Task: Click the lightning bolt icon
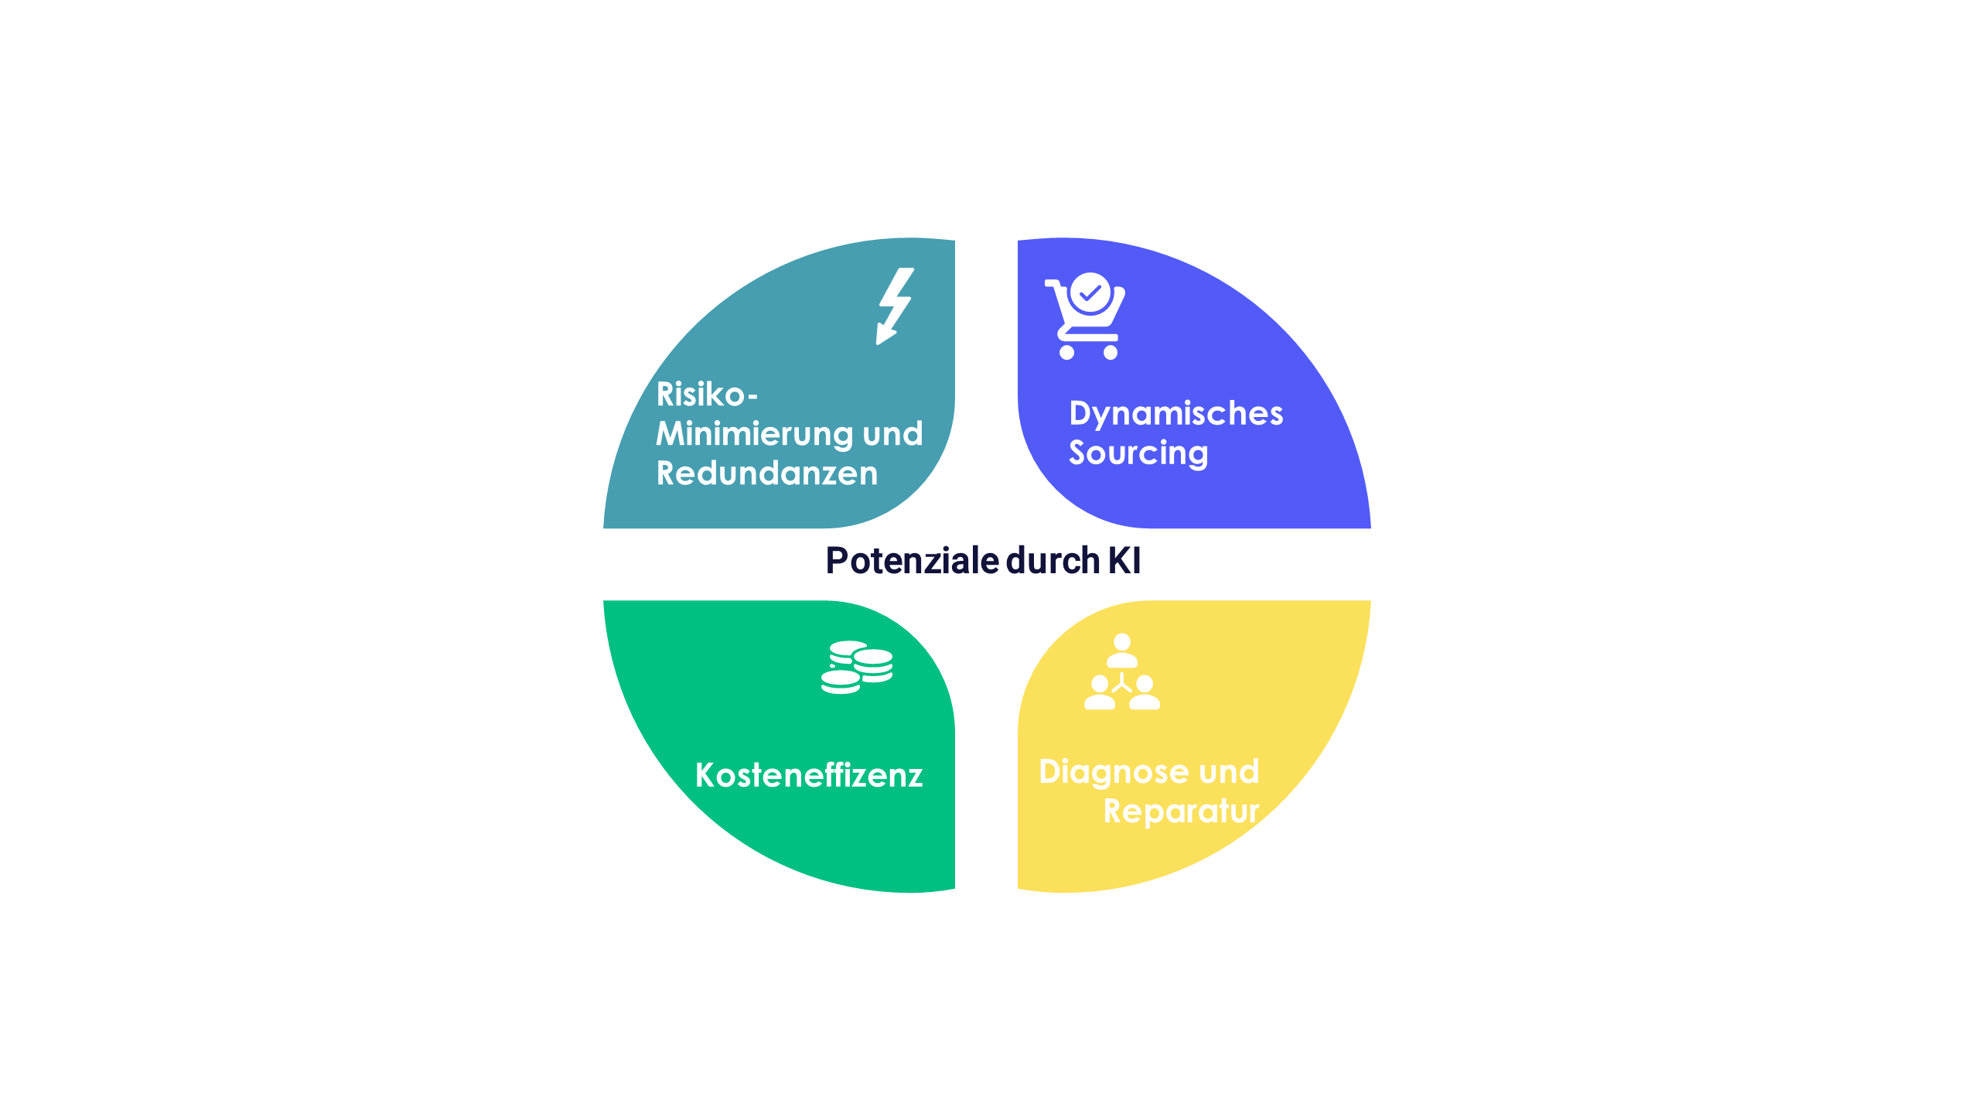coord(895,306)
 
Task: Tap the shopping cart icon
coord(1085,316)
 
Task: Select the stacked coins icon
coord(857,667)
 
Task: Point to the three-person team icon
coord(1122,671)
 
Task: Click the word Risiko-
coord(707,395)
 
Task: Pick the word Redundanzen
coord(767,473)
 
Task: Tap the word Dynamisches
coord(1176,415)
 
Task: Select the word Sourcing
coord(1138,454)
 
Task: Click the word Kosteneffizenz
coord(809,775)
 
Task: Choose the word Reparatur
coord(1182,812)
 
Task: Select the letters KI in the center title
coord(1124,560)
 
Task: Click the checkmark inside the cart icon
coord(1090,293)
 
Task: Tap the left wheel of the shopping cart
coord(1066,353)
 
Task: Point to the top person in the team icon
coord(1122,651)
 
